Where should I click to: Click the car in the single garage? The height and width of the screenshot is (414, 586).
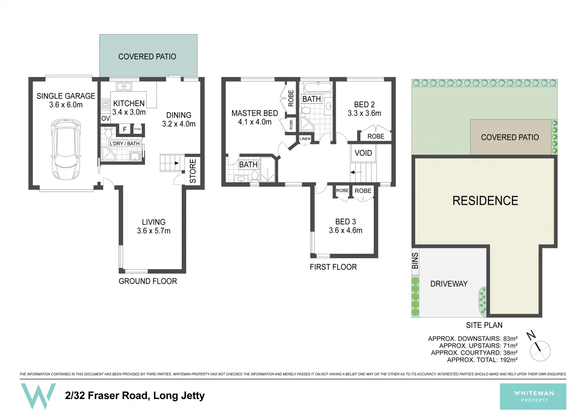66,149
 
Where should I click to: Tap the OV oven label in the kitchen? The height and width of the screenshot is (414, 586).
105,118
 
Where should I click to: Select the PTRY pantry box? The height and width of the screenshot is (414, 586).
137,129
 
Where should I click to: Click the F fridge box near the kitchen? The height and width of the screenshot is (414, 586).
124,129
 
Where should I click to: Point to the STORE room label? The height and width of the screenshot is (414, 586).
193,171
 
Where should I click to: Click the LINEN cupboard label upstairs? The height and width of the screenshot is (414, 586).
305,139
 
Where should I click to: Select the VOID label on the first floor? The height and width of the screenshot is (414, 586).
363,153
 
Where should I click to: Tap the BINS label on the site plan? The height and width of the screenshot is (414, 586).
415,261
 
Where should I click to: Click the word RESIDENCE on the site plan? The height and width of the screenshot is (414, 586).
485,201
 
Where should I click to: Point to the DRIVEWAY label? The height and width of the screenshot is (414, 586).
448,284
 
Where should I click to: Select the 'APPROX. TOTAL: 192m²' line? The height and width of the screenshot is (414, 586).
482,360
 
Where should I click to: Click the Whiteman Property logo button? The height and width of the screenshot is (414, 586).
533,396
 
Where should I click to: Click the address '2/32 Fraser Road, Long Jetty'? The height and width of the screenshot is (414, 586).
134,395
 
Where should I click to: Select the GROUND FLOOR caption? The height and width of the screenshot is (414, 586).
148,281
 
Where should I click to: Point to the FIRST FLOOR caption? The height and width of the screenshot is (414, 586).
333,267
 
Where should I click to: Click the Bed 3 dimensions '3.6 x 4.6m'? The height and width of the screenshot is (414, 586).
345,230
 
